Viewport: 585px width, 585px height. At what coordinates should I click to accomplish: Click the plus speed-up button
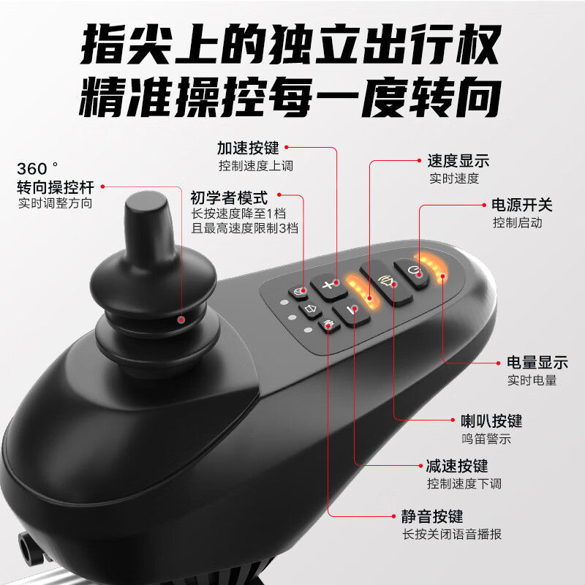327,284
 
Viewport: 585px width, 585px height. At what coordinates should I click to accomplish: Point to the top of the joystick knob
146,199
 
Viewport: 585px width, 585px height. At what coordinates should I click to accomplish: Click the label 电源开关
512,206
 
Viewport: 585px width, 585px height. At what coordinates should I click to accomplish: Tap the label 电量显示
537,363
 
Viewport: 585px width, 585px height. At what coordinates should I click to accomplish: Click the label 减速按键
457,467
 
